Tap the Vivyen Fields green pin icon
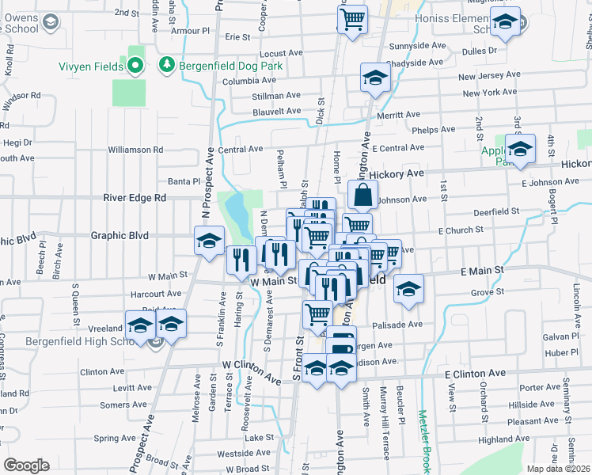(135, 66)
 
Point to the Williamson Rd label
(135, 149)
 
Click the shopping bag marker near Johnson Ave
(362, 195)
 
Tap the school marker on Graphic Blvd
(209, 241)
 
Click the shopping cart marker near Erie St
(352, 17)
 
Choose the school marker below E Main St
(408, 288)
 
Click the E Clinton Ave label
(475, 373)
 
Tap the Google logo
(26, 465)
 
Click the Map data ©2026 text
(558, 469)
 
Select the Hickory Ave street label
(397, 173)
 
